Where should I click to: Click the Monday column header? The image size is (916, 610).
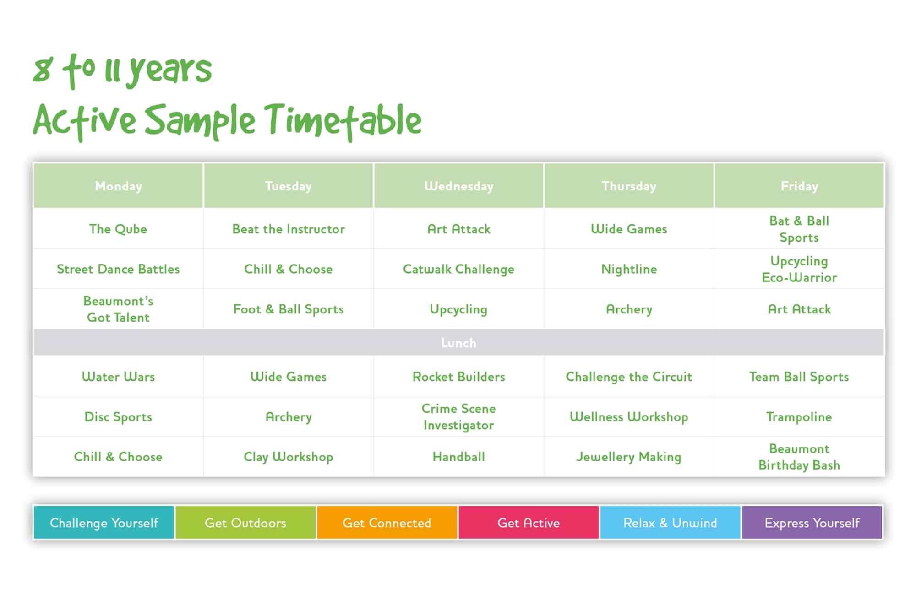click(x=118, y=186)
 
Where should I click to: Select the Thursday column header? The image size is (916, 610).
click(x=629, y=186)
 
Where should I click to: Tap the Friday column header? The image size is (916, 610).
click(x=799, y=186)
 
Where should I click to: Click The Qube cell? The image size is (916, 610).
click(x=118, y=229)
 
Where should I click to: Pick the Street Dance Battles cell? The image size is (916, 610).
click(x=118, y=269)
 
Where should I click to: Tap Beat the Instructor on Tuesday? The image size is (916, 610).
click(x=289, y=229)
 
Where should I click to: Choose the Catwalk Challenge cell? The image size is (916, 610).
click(x=458, y=269)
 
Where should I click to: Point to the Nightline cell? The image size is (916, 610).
click(x=629, y=269)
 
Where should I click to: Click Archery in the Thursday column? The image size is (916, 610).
click(x=629, y=309)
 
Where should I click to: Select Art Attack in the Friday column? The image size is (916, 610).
click(x=799, y=309)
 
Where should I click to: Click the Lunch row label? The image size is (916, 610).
click(x=458, y=343)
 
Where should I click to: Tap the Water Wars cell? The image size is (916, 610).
click(x=118, y=377)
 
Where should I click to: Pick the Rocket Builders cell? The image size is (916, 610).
click(x=458, y=377)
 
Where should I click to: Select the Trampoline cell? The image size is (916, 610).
click(x=799, y=417)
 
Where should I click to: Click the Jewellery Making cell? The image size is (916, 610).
click(x=629, y=457)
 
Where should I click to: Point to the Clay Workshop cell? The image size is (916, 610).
click(x=289, y=457)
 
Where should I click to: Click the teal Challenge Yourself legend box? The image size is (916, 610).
click(x=104, y=523)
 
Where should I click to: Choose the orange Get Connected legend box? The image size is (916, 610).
click(x=387, y=523)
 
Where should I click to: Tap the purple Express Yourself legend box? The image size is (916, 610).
click(x=812, y=523)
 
